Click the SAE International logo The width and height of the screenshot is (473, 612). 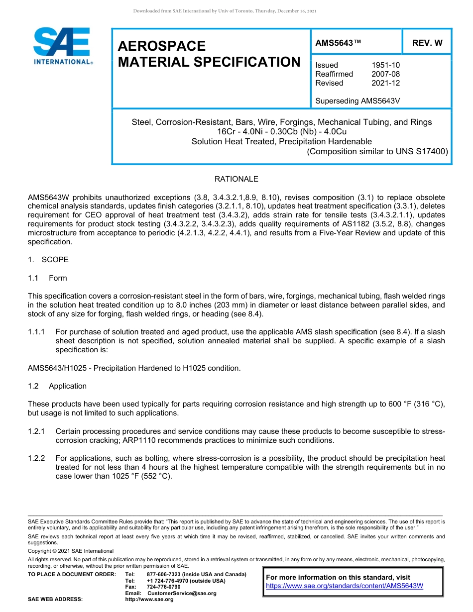pyautogui.click(x=62, y=46)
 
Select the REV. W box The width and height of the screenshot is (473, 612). pyautogui.click(x=427, y=43)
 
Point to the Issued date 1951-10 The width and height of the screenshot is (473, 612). pyautogui.click(x=385, y=65)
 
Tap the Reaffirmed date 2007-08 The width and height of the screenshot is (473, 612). pyautogui.click(x=385, y=74)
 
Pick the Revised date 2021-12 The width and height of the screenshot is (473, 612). pyautogui.click(x=385, y=83)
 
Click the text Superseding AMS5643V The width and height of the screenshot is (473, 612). pyautogui.click(x=358, y=101)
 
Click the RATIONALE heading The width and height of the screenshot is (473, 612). pyautogui.click(x=236, y=179)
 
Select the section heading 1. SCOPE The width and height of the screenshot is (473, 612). pyautogui.click(x=48, y=260)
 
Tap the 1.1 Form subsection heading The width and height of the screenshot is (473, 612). pyautogui.click(x=48, y=278)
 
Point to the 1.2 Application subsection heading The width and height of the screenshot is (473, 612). pyautogui.click(x=57, y=386)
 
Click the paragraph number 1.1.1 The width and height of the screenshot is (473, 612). pyautogui.click(x=36, y=332)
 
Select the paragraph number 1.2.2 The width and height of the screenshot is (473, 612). pyautogui.click(x=36, y=458)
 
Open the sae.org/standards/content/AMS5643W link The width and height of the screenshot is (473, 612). pyautogui.click(x=345, y=586)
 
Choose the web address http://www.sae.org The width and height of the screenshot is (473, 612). pyautogui.click(x=149, y=600)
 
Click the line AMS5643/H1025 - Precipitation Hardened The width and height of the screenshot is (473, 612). pyautogui.click(x=134, y=368)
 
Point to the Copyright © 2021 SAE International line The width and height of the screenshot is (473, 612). pyautogui.click(x=71, y=551)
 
